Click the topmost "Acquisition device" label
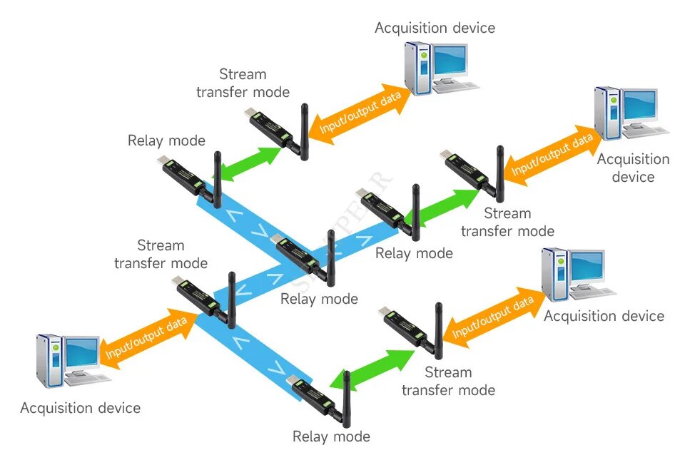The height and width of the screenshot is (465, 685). pyautogui.click(x=435, y=29)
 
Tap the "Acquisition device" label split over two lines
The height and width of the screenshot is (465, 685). pyautogui.click(x=633, y=168)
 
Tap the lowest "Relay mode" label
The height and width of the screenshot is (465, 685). pyautogui.click(x=331, y=436)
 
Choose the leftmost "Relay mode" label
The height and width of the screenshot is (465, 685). pyautogui.click(x=166, y=140)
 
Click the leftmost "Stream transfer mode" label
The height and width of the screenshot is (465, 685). pyautogui.click(x=161, y=255)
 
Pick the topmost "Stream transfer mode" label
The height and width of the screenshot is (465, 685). pyautogui.click(x=243, y=83)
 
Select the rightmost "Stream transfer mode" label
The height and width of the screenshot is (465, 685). pyautogui.click(x=507, y=222)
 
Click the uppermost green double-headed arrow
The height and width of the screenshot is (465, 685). pyautogui.click(x=248, y=163)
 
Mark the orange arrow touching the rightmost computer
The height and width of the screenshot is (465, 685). pyautogui.click(x=550, y=156)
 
